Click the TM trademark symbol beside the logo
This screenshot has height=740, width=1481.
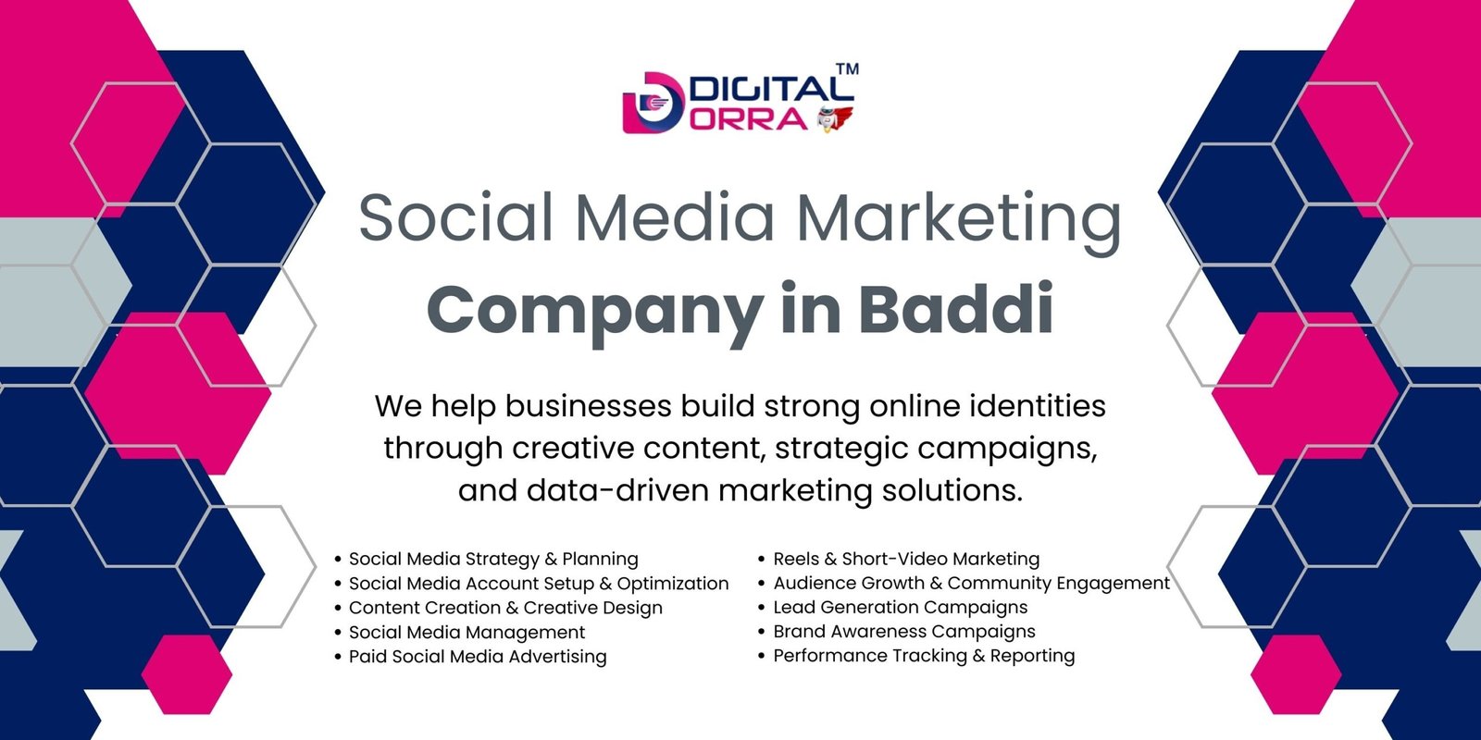848,68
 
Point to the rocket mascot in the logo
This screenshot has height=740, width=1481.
834,119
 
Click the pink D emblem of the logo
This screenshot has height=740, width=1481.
653,103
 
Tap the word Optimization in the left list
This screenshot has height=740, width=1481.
673,584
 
